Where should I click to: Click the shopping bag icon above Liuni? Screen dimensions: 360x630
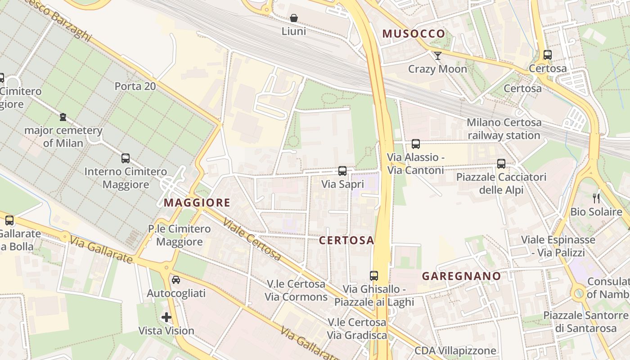pyautogui.click(x=293, y=18)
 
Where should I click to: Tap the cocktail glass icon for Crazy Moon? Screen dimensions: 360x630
pyautogui.click(x=437, y=56)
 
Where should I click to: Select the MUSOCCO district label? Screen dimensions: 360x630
pyautogui.click(x=414, y=34)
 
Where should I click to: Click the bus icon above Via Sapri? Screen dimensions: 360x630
pyautogui.click(x=342, y=171)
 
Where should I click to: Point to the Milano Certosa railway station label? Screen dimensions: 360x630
pyautogui.click(x=504, y=129)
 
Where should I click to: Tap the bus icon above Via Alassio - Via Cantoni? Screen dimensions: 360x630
pyautogui.click(x=416, y=144)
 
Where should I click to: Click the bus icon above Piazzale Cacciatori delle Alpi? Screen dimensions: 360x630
pyautogui.click(x=501, y=164)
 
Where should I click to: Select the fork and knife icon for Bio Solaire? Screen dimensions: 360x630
pyautogui.click(x=596, y=198)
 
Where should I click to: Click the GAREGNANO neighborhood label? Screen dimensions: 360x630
pyautogui.click(x=461, y=276)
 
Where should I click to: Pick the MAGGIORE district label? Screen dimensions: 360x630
pyautogui.click(x=197, y=203)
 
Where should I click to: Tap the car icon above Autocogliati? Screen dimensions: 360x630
pyautogui.click(x=176, y=280)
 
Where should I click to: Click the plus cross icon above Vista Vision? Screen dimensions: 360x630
pyautogui.click(x=166, y=317)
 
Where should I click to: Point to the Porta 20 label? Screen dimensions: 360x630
pyautogui.click(x=135, y=86)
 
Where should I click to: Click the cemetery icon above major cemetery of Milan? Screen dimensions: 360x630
pyautogui.click(x=63, y=117)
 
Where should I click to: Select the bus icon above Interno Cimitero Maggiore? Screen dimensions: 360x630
pyautogui.click(x=126, y=158)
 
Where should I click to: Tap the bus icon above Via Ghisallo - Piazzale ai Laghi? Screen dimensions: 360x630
pyautogui.click(x=374, y=275)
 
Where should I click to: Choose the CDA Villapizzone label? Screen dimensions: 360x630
pyautogui.click(x=455, y=351)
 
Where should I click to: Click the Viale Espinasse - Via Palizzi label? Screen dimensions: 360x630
pyautogui.click(x=558, y=246)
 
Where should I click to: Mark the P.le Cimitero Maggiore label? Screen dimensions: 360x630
pyautogui.click(x=179, y=235)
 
